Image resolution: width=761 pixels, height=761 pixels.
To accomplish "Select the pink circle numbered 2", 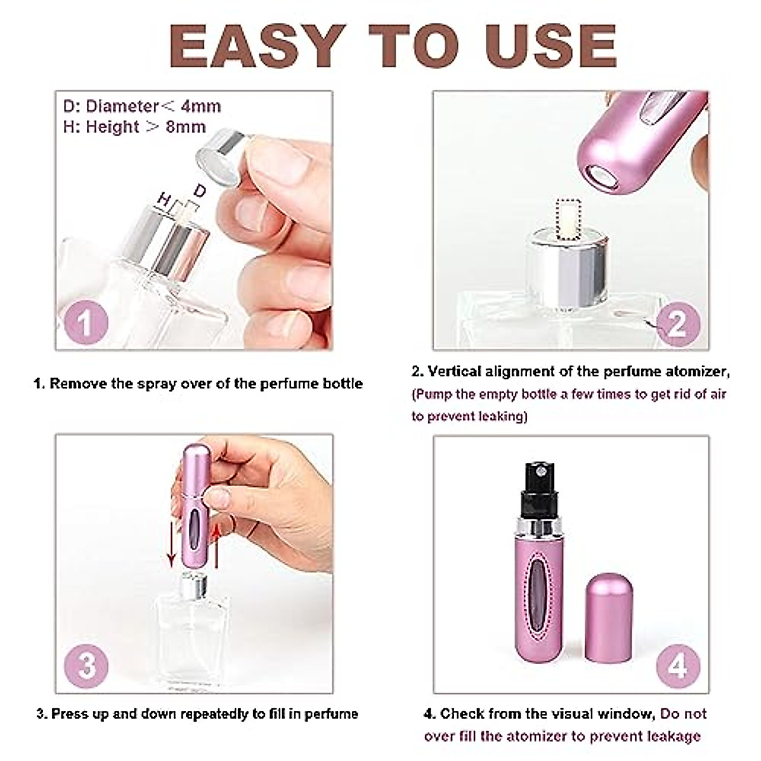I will coord(677,323).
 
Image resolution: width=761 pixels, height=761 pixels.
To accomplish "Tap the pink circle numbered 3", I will coord(86,665).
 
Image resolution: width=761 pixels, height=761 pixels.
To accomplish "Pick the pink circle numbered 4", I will coord(678,665).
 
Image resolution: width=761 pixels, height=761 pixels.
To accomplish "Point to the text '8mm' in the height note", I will coord(186,127).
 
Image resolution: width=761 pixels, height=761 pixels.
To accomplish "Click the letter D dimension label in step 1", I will coord(199,190).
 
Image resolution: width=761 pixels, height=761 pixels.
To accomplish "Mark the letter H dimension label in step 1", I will coord(164,201).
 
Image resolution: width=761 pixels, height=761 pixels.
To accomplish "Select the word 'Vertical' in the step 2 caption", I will coord(457,372).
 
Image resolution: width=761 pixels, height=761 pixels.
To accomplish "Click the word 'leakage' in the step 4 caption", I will coord(673,736).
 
